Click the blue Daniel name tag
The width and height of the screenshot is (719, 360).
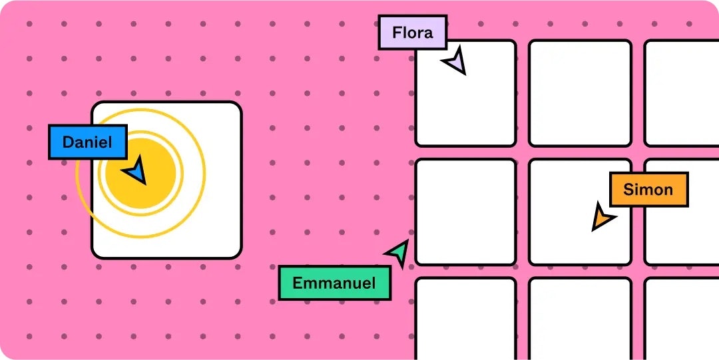pos(88,142)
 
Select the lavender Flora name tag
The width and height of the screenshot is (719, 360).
pos(412,33)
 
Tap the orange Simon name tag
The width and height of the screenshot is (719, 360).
pos(649,190)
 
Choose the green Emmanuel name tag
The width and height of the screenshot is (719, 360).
pos(335,283)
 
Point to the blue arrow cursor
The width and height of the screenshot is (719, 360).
pos(135,170)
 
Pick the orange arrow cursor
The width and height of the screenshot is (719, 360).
pos(602,216)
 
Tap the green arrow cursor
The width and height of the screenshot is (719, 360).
pos(398,253)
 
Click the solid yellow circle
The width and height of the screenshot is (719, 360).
pos(140,173)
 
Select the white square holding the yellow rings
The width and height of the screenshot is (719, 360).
pos(166,180)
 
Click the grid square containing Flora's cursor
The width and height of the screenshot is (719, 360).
pos(465,93)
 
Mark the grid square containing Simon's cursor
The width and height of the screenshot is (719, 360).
pos(580,212)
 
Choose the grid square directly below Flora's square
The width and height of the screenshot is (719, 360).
pos(465,212)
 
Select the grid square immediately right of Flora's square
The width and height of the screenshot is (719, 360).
pos(580,93)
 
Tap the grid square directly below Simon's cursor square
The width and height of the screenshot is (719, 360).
pos(580,319)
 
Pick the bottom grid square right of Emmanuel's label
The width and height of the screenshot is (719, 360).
pos(465,319)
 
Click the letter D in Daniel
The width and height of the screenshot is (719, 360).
pos(68,142)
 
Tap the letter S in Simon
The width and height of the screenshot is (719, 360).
pos(628,190)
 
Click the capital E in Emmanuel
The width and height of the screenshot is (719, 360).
pos(298,283)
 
